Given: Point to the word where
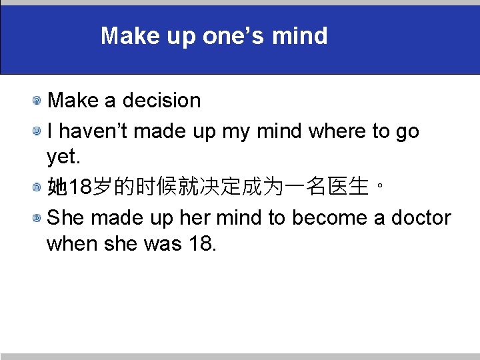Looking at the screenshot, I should tap(338, 131).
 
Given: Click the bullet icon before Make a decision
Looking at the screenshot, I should tap(40, 101).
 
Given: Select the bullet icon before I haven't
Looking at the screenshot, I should tap(40, 132).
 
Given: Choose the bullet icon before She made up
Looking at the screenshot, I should tap(40, 219).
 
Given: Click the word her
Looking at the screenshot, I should tap(191, 218).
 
